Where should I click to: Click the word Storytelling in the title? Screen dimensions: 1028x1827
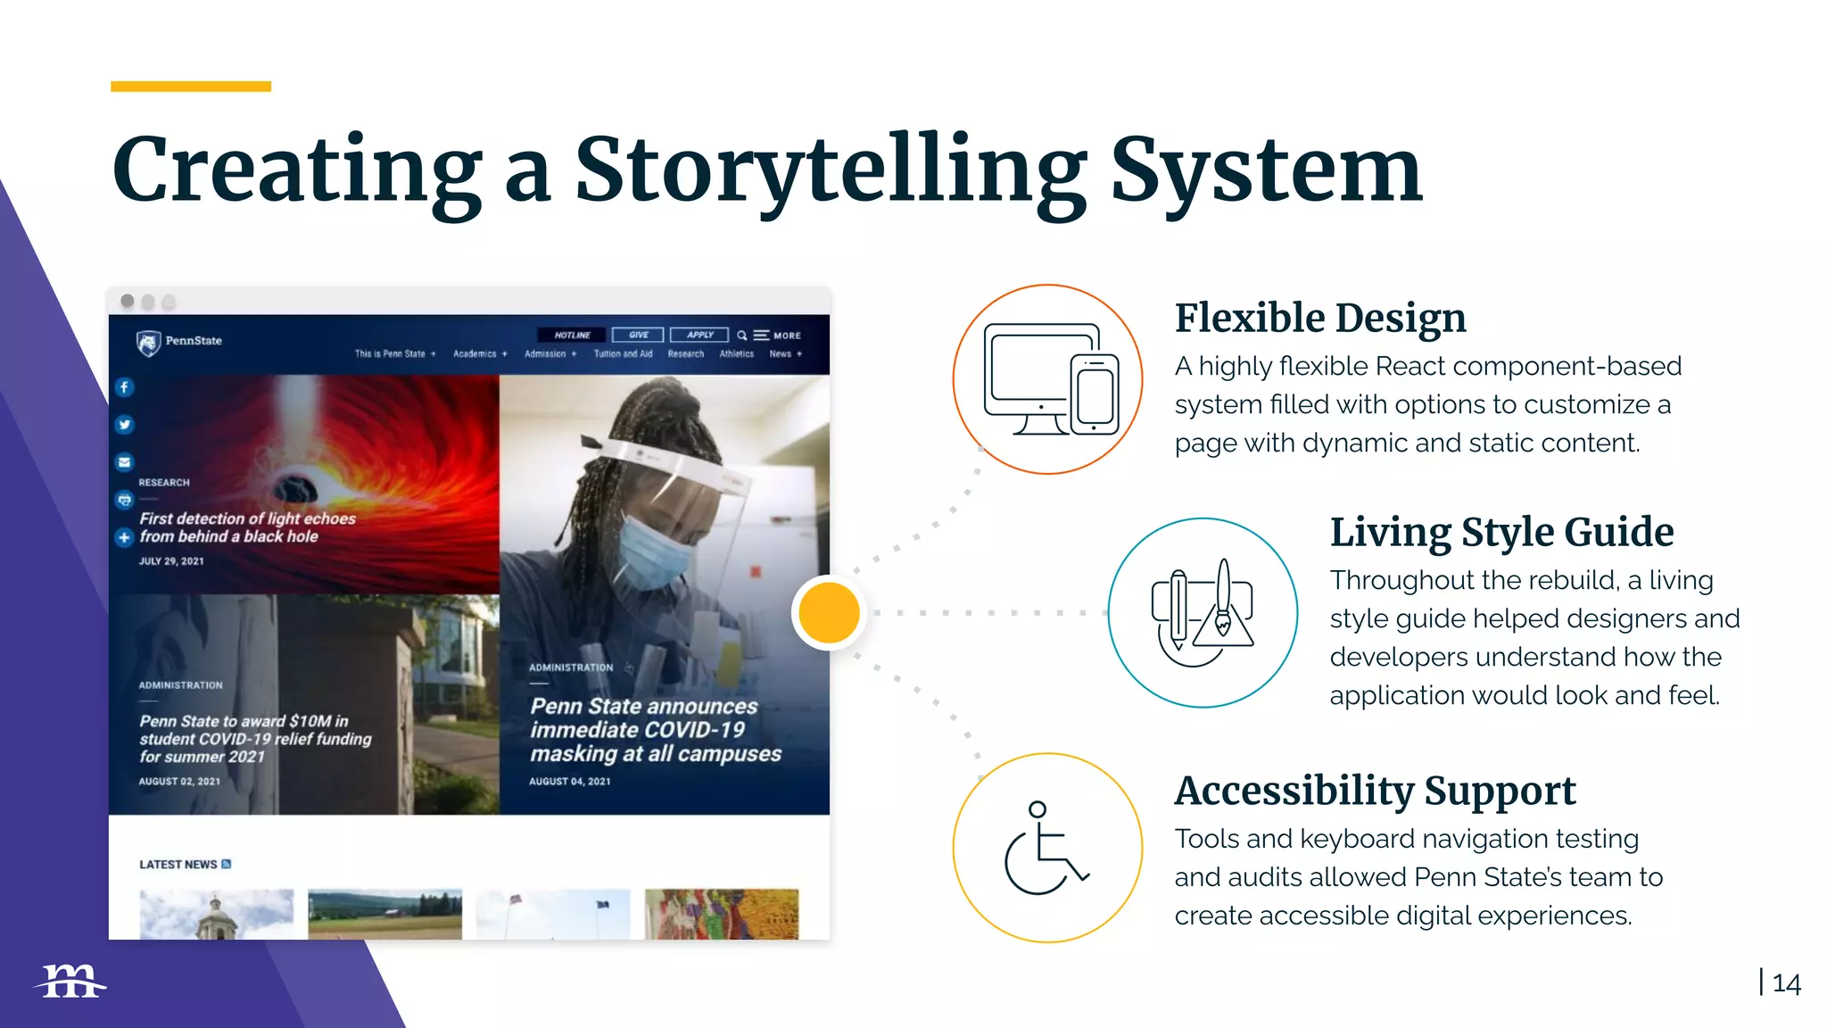tap(830, 170)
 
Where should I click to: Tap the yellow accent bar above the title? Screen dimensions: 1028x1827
tap(191, 87)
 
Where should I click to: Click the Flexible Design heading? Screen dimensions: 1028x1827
tap(1319, 318)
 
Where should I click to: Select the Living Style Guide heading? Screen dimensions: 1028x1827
tap(1501, 532)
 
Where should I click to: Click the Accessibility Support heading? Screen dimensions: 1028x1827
tap(1375, 791)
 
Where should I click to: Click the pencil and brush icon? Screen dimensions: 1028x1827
tap(1202, 613)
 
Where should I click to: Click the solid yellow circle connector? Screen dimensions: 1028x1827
tap(829, 612)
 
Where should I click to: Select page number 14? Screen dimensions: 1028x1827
tap(1786, 983)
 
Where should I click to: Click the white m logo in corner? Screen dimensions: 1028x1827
tap(71, 982)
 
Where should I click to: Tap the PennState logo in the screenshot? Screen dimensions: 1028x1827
tap(179, 342)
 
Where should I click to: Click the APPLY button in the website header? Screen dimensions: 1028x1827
tap(699, 336)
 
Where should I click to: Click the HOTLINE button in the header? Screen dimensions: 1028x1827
tap(572, 336)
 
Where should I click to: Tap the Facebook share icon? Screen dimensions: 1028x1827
tap(124, 387)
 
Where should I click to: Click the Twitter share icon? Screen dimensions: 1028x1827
tap(124, 425)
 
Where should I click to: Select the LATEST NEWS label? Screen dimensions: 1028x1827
tap(178, 864)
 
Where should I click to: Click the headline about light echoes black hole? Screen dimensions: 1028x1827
tap(246, 527)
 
